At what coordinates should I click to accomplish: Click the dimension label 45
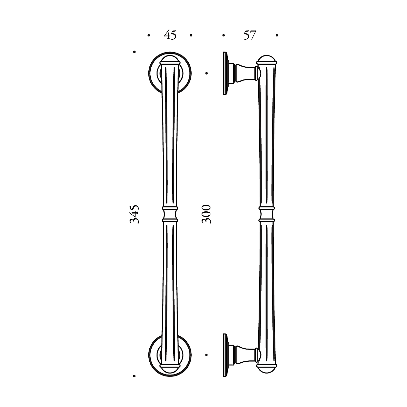pyautogui.click(x=170, y=35)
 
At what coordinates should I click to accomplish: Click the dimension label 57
pyautogui.click(x=250, y=35)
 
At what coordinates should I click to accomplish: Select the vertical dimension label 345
pyautogui.click(x=134, y=214)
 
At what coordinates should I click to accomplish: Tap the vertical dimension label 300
pyautogui.click(x=206, y=214)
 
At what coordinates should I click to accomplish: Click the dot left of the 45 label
pyautogui.click(x=149, y=35)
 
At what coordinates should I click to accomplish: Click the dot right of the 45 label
pyautogui.click(x=191, y=35)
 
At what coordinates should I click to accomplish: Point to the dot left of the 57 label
pyautogui.click(x=224, y=35)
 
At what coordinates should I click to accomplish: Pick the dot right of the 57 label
pyautogui.click(x=277, y=35)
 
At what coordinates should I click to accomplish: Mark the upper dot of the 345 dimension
pyautogui.click(x=134, y=52)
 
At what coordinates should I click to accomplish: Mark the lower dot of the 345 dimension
pyautogui.click(x=134, y=376)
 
